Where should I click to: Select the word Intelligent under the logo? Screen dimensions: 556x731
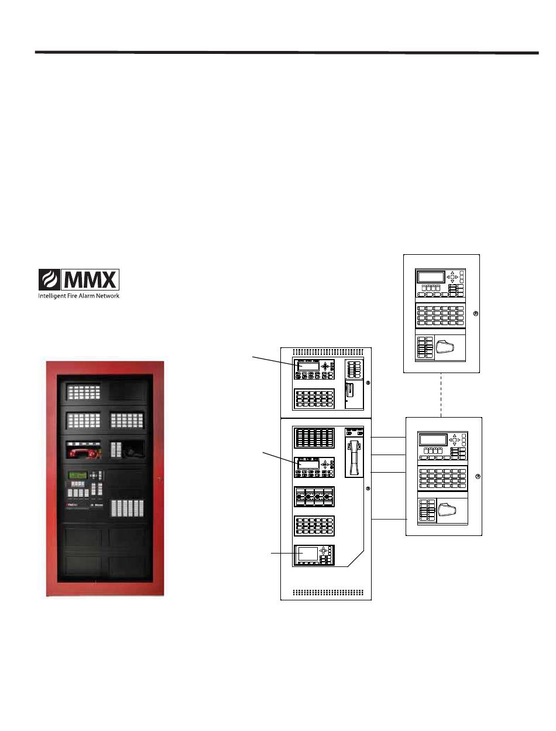point(54,296)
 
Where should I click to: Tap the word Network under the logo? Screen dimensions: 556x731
point(107,296)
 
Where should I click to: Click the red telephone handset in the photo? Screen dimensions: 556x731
point(84,452)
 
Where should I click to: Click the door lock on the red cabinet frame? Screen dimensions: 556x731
point(159,479)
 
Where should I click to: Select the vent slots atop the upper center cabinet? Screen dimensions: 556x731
point(326,352)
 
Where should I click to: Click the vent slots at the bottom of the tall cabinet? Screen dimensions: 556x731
point(326,592)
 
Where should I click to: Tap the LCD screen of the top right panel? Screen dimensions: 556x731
point(430,276)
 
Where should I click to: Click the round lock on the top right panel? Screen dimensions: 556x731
point(475,313)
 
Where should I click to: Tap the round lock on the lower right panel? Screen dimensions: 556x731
point(477,477)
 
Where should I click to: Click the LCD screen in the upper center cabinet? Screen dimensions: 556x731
point(308,365)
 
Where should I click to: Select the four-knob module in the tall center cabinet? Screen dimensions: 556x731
point(314,496)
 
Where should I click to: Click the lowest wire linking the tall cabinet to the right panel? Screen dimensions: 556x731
point(389,519)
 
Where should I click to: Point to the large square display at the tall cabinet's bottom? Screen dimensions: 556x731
point(307,554)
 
